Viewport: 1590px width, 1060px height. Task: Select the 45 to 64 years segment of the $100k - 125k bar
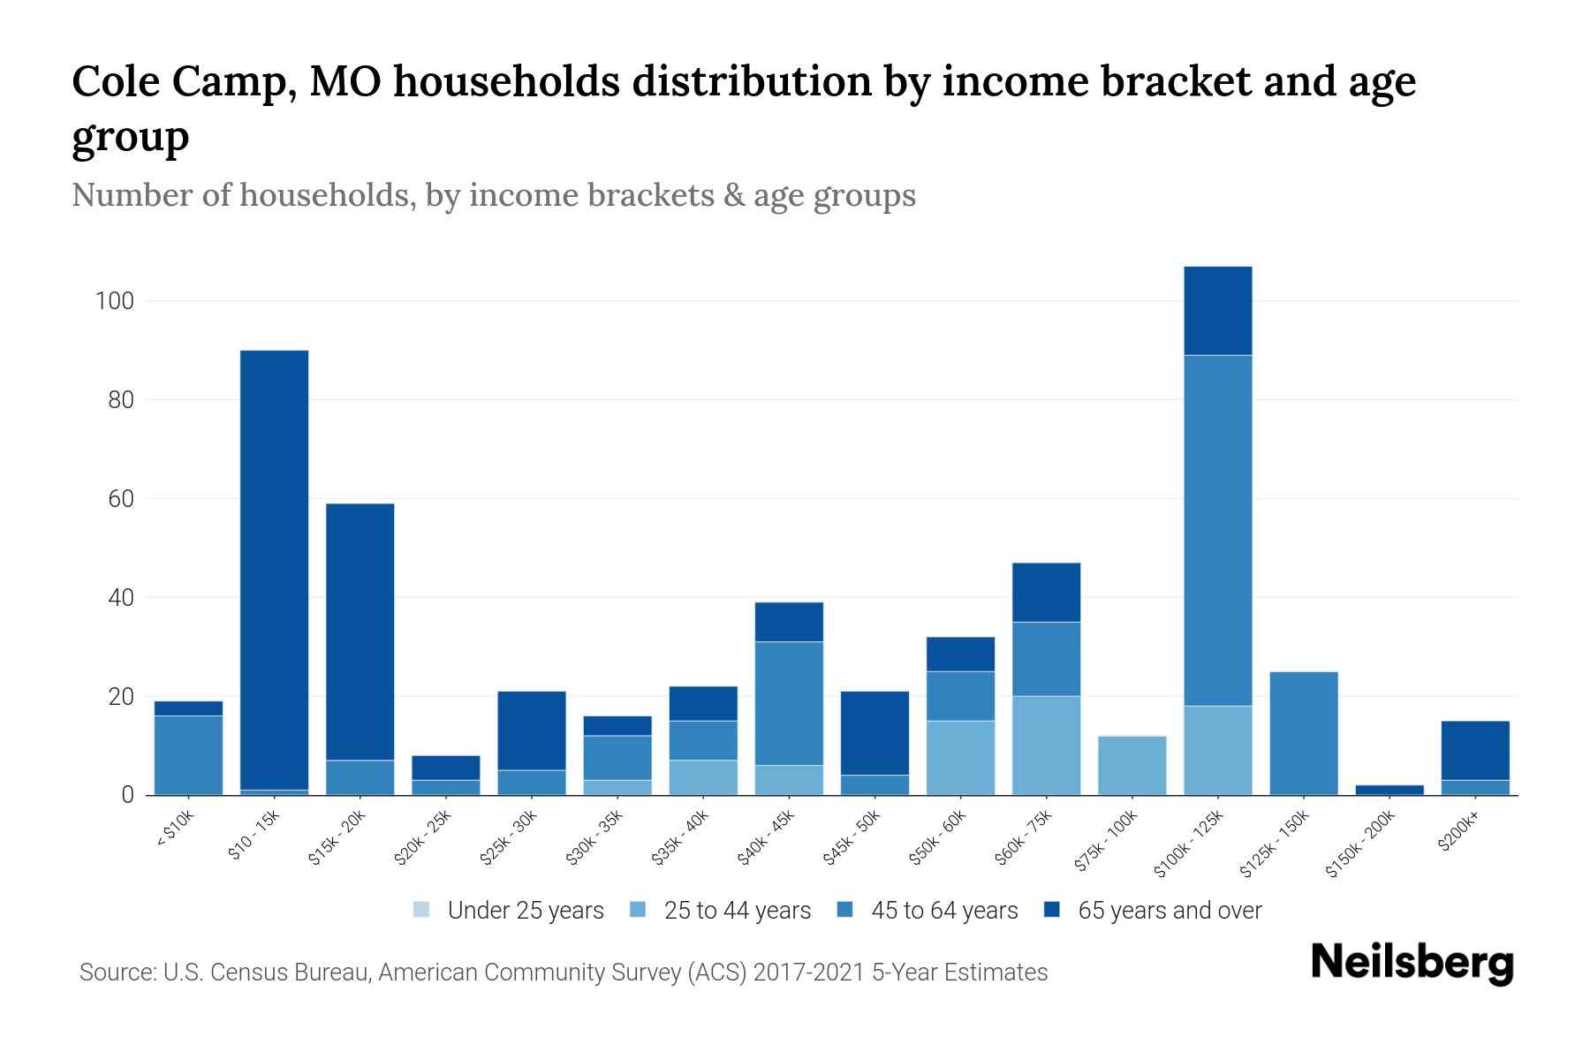1217,530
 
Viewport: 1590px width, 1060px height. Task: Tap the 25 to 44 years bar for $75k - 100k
1132,765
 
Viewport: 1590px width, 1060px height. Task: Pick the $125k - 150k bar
1303,733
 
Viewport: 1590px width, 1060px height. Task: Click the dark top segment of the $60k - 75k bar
1046,592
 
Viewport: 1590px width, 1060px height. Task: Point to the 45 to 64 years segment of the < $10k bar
188,754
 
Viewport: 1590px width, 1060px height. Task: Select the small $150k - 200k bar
1389,790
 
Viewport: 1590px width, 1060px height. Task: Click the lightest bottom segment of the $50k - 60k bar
960,758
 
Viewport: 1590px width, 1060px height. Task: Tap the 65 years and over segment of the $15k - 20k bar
360,632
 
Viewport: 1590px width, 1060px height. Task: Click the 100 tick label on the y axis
114,301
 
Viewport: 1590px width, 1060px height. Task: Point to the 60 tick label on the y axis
119,499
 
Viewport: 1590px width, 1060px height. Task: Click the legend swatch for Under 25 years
422,910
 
